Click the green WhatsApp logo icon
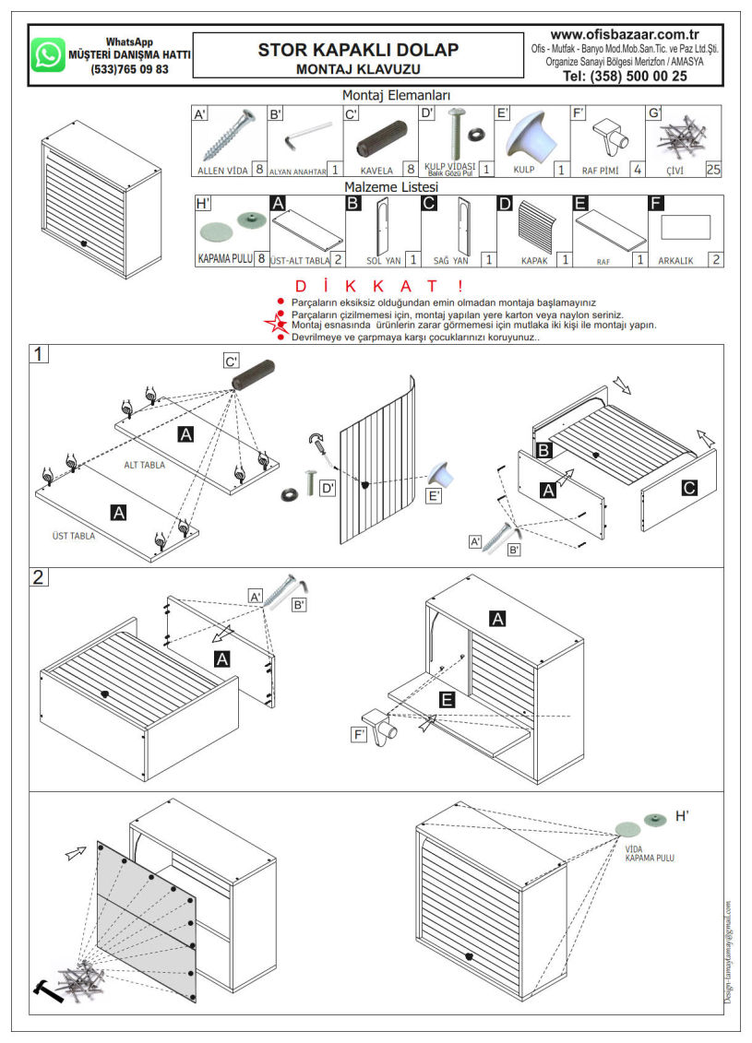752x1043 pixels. pos(48,54)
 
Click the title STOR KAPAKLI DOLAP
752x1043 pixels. pos(358,50)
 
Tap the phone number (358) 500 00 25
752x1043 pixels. pos(625,77)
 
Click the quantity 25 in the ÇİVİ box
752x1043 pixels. pos(712,170)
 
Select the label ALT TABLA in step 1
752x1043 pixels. pos(145,465)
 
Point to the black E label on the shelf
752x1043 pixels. pos(447,701)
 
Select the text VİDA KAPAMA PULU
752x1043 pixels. pos(650,853)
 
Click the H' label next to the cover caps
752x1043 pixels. pos(683,816)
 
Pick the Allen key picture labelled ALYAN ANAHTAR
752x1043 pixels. pos(305,136)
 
